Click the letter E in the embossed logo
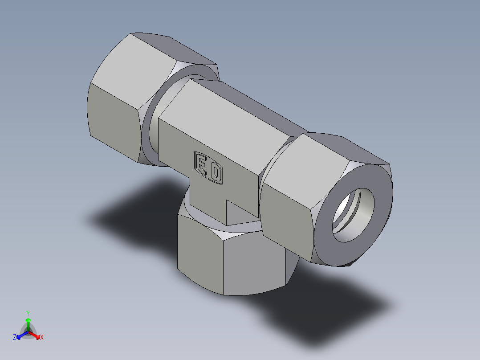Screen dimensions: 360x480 [x=201, y=165]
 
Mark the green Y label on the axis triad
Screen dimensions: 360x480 [x=28, y=313]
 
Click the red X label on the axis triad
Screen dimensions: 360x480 [x=42, y=338]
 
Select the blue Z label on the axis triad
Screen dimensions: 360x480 [x=15, y=338]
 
